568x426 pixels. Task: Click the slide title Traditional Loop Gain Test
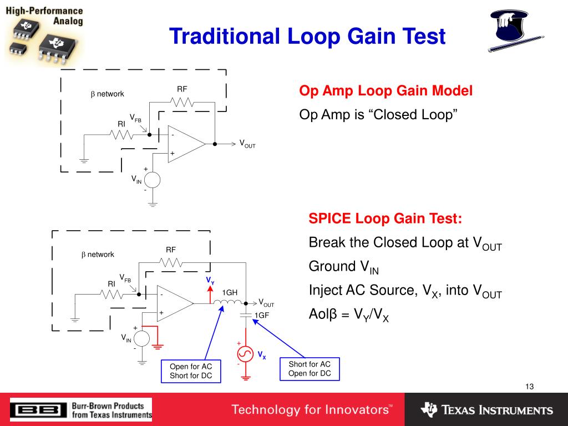point(307,37)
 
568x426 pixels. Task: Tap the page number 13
point(529,387)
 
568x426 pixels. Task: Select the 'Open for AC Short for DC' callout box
point(191,371)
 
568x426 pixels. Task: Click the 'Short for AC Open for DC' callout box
point(310,368)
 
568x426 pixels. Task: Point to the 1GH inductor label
point(230,292)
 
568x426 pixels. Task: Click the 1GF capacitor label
point(262,315)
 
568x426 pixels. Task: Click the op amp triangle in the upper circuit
point(184,144)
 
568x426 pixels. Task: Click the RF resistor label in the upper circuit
point(182,89)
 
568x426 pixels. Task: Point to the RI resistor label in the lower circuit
point(111,283)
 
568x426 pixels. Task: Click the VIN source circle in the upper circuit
point(153,180)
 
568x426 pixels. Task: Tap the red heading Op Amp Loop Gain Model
point(386,91)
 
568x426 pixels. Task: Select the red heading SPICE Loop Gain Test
point(385,219)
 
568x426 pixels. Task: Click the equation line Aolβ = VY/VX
point(348,315)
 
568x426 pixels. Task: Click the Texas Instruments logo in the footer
point(486,410)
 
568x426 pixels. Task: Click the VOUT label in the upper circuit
point(247,144)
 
